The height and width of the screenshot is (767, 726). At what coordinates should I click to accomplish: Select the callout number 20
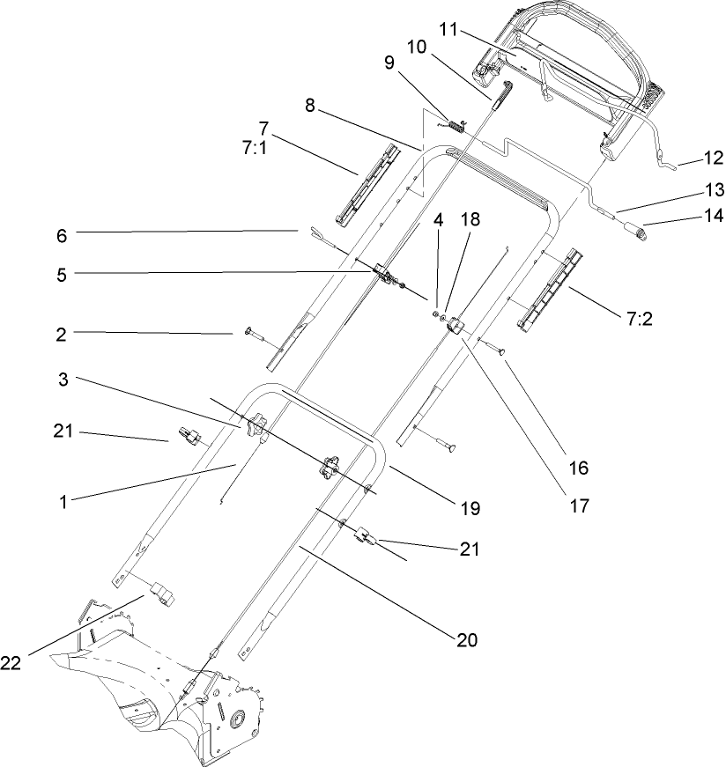[466, 640]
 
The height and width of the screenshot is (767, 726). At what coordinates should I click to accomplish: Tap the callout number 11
[449, 31]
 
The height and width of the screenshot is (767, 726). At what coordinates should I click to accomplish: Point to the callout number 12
[711, 159]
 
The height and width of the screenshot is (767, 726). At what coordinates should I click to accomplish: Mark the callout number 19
[469, 508]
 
